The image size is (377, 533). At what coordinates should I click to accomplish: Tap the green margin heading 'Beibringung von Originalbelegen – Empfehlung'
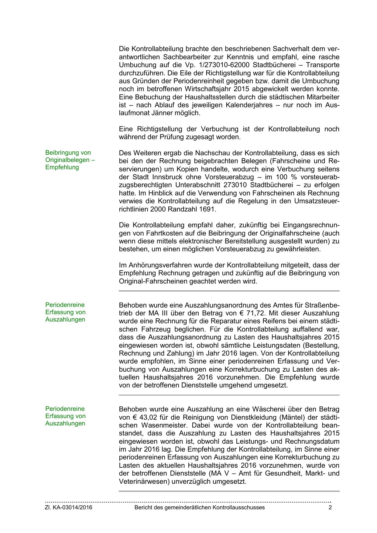(x=70, y=160)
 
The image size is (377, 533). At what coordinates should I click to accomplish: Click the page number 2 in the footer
(x=330, y=507)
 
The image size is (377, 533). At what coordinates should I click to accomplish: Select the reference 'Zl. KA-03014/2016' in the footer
(x=69, y=507)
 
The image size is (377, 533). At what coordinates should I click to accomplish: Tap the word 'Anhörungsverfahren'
(x=153, y=265)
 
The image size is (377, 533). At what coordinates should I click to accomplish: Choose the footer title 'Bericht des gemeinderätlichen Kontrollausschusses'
(x=199, y=507)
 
